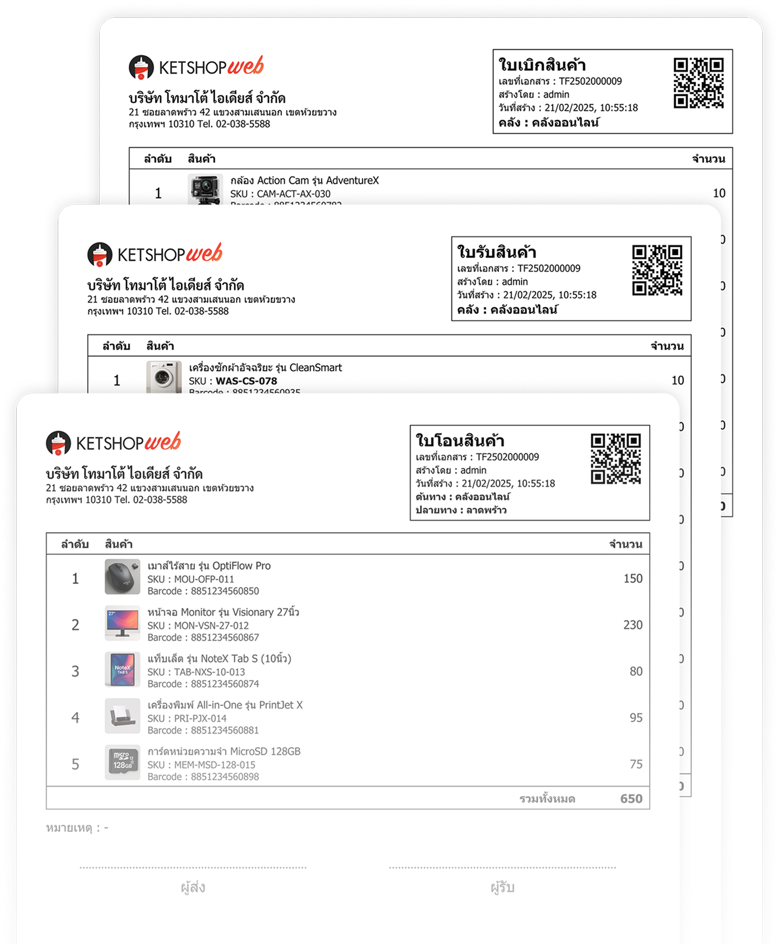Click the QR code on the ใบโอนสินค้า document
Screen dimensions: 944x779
(x=616, y=458)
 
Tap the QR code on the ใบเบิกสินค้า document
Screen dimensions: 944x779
(x=698, y=83)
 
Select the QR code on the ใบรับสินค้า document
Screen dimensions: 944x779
(x=657, y=270)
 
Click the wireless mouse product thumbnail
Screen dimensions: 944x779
(x=122, y=577)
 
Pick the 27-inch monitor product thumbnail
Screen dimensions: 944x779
(x=122, y=623)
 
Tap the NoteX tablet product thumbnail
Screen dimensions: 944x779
(x=122, y=670)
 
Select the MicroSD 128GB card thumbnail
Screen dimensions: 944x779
(x=122, y=762)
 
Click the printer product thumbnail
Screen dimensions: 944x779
(x=122, y=716)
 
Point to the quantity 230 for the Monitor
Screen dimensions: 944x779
(x=632, y=625)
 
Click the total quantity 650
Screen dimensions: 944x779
(x=631, y=798)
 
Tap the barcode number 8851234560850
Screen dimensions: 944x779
(x=225, y=591)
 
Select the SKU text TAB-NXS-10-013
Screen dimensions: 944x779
(x=209, y=672)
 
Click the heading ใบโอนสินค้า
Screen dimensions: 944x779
(x=460, y=440)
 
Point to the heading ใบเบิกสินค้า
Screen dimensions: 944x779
(x=542, y=65)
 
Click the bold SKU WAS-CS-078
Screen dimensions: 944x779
(x=246, y=381)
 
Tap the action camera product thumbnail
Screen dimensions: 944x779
(x=205, y=189)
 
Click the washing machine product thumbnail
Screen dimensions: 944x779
(x=164, y=377)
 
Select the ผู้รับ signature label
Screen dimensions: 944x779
(x=502, y=887)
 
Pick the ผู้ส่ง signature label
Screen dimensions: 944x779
(x=193, y=887)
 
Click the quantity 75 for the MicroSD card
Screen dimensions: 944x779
(x=636, y=764)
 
